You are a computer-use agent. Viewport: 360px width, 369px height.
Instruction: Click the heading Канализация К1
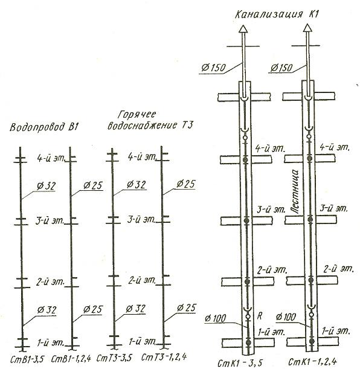277,14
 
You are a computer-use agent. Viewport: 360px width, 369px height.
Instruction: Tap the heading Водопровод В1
44,127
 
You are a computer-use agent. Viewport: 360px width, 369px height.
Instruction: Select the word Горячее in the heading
137,115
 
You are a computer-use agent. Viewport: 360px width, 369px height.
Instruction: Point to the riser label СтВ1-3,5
27,359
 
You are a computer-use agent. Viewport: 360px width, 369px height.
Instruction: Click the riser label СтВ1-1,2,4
71,359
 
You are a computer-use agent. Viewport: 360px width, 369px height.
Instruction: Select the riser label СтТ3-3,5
114,358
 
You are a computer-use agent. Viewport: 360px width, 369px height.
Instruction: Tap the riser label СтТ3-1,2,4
164,357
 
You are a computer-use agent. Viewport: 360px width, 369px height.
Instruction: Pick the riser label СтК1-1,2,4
312,361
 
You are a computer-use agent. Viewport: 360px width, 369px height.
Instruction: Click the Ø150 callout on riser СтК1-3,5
213,68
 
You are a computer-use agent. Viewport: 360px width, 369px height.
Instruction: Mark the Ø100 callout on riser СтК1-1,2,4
286,317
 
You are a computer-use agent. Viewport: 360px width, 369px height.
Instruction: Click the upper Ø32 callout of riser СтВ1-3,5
46,186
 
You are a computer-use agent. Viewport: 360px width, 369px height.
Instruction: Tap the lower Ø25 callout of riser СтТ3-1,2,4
187,308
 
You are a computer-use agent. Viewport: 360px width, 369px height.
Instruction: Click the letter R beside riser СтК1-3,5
259,316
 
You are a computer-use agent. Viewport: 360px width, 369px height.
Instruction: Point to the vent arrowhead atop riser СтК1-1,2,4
307,28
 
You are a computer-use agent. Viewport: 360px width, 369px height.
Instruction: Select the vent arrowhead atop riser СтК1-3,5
243,29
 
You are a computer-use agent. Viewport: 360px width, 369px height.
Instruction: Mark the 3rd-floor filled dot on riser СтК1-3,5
246,220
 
